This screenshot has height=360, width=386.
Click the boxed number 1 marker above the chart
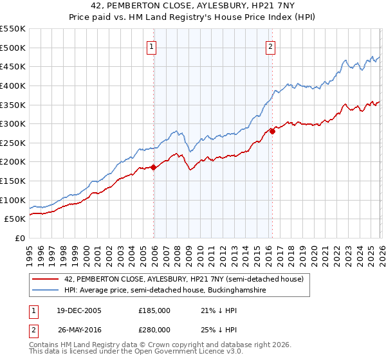[151, 46]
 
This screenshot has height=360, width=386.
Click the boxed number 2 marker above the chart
[270, 46]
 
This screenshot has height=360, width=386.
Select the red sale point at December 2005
[154, 167]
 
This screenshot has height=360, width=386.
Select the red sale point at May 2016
[272, 131]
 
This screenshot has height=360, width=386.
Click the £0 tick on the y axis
[21, 238]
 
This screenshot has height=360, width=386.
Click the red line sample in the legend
[46, 279]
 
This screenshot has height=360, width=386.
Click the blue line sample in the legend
[46, 291]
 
